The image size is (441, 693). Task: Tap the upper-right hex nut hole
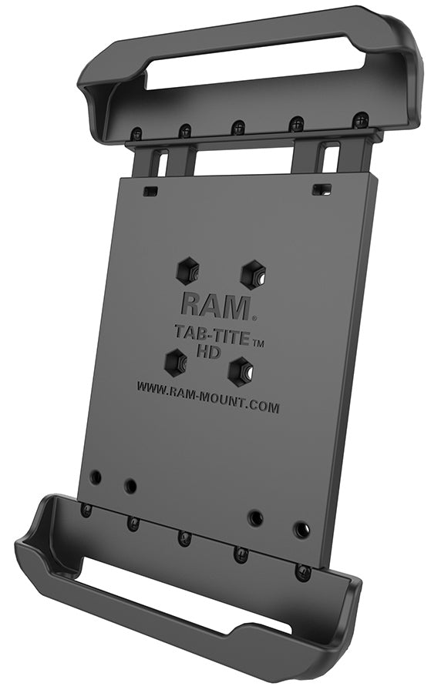tap(253, 273)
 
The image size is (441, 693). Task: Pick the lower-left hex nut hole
tap(177, 361)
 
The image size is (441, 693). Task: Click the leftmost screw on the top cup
tap(136, 132)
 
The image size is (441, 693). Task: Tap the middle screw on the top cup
tap(238, 126)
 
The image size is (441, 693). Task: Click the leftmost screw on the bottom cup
tap(86, 510)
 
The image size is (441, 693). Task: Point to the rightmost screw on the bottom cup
tap(303, 572)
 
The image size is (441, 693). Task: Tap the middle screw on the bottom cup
tap(184, 537)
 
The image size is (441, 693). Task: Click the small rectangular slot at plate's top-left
tap(151, 189)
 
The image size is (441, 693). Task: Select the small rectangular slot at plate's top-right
tap(317, 189)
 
